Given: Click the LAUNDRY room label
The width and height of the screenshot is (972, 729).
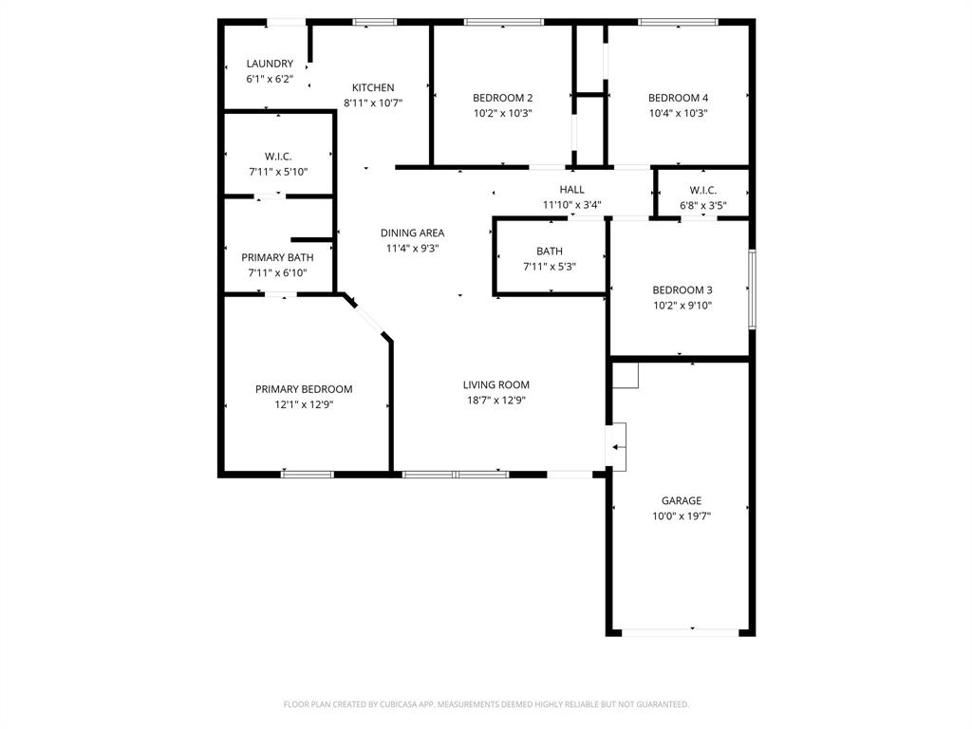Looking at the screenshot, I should pos(270,64).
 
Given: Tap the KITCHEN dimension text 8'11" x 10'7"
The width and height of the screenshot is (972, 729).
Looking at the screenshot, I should pos(373,103).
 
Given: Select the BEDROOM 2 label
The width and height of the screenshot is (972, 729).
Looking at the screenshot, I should pos(502,98).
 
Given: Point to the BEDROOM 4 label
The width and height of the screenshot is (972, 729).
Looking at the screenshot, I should pos(678,98).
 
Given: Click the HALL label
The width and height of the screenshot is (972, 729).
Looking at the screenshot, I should pos(571,190).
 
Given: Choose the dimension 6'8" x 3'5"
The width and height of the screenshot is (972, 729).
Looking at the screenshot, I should pos(702,205).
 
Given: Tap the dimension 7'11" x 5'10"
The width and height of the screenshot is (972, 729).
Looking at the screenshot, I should pos(277,172).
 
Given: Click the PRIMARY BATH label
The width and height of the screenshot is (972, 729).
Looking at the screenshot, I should pos(277,257).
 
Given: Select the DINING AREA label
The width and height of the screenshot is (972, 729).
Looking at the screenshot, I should pos(412,233).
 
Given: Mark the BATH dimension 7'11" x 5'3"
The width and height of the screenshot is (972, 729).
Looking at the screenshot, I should pos(549,267).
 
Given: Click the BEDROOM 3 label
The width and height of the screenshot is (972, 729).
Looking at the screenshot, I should pos(682,290).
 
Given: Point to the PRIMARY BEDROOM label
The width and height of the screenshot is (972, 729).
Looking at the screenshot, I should pos(304,389).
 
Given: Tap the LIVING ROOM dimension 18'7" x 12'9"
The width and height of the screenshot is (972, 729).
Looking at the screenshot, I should pos(495,401).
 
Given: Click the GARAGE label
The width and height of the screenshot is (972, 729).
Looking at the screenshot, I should pos(682,500).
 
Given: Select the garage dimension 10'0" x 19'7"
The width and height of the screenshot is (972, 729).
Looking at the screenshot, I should pos(682,516).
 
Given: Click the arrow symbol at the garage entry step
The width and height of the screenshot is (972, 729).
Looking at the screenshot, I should pos(618,446).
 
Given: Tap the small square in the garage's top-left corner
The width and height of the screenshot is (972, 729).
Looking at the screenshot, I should pos(625,375).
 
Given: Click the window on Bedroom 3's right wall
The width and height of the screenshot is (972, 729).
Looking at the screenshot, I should pos(752,289).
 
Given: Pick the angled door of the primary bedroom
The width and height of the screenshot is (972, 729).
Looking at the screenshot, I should pos(368,317).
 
